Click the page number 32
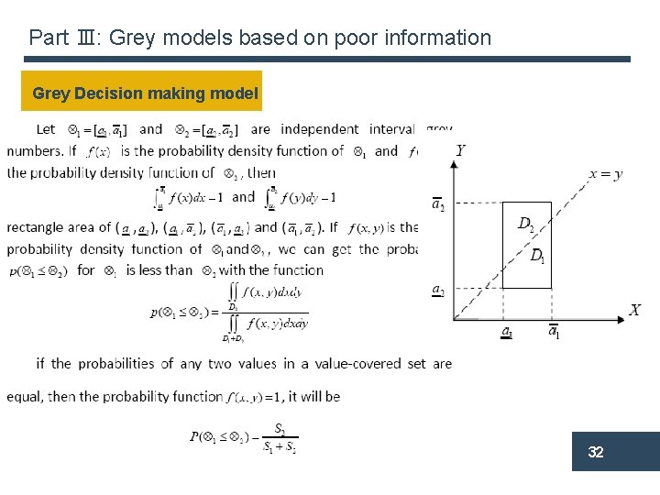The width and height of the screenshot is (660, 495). [596, 453]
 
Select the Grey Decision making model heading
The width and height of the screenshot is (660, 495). [145, 93]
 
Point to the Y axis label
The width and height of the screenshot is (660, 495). [460, 150]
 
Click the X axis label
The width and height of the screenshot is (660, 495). [634, 311]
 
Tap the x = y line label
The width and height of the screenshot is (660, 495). [606, 173]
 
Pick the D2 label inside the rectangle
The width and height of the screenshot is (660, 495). [526, 223]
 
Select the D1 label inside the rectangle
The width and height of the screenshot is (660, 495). [537, 255]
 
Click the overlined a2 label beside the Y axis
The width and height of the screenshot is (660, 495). [439, 203]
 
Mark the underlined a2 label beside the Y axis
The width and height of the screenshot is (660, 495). [439, 291]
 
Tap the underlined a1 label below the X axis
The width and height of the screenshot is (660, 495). [506, 332]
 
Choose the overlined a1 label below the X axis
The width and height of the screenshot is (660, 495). [554, 332]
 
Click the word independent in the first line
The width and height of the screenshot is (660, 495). [319, 129]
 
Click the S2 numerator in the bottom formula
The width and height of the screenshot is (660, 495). [280, 429]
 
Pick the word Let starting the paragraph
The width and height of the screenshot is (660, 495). [46, 129]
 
